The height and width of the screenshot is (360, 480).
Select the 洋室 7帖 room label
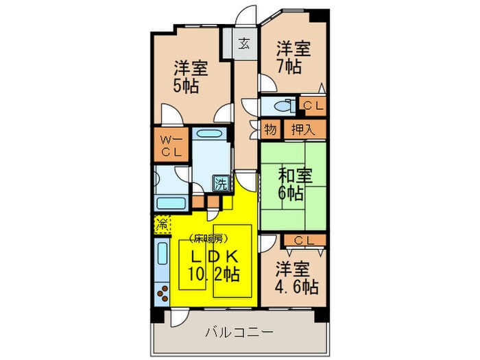coord(293,58)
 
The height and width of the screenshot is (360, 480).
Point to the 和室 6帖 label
coord(293,184)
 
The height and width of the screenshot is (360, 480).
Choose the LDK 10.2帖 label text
coord(213,266)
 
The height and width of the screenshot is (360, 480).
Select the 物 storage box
coord(271,130)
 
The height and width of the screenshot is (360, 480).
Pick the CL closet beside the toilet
coord(313,105)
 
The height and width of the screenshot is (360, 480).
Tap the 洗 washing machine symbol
coord(221,183)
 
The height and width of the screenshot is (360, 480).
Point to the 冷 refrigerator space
coord(163,223)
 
